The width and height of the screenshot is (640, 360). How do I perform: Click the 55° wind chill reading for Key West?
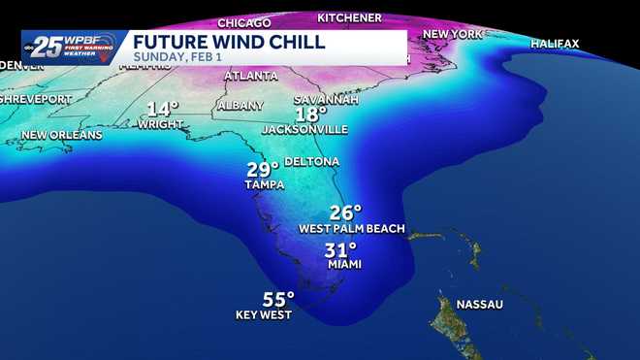(x=277, y=299)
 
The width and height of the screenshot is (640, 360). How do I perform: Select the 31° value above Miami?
(x=340, y=248)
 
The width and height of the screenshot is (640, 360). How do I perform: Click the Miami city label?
(x=342, y=264)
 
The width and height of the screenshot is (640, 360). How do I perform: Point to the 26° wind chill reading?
(x=345, y=213)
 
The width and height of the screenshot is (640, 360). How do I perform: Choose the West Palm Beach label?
(x=351, y=229)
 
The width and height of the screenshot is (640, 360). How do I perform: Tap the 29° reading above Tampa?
(x=263, y=170)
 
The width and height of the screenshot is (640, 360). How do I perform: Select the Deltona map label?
(x=311, y=161)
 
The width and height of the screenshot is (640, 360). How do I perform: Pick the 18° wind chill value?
(x=311, y=114)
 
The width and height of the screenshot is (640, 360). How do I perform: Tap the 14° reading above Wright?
(x=163, y=109)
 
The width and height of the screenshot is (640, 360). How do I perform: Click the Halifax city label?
(x=555, y=44)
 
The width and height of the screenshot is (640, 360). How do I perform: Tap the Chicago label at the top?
(x=243, y=22)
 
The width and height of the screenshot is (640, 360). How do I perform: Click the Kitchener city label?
(x=349, y=17)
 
